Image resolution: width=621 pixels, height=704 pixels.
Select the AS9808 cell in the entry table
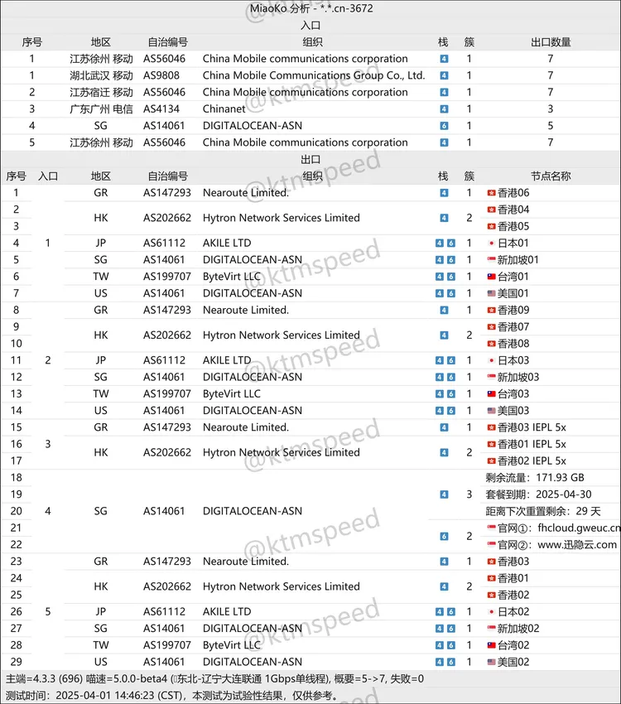(164, 75)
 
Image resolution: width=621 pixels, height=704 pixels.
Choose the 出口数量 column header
(551, 42)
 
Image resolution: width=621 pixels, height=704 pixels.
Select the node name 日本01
(513, 244)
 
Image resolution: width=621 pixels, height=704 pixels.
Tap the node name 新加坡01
(517, 260)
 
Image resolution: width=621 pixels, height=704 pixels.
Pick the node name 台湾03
(513, 394)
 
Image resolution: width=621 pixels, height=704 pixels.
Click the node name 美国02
(513, 662)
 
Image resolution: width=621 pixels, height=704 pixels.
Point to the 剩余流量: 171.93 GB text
(537, 478)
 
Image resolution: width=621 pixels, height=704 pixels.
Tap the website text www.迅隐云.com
(577, 545)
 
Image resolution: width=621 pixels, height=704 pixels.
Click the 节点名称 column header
(551, 176)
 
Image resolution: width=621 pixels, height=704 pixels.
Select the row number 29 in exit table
(16, 662)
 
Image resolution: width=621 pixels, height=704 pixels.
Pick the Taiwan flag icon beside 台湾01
(492, 277)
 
